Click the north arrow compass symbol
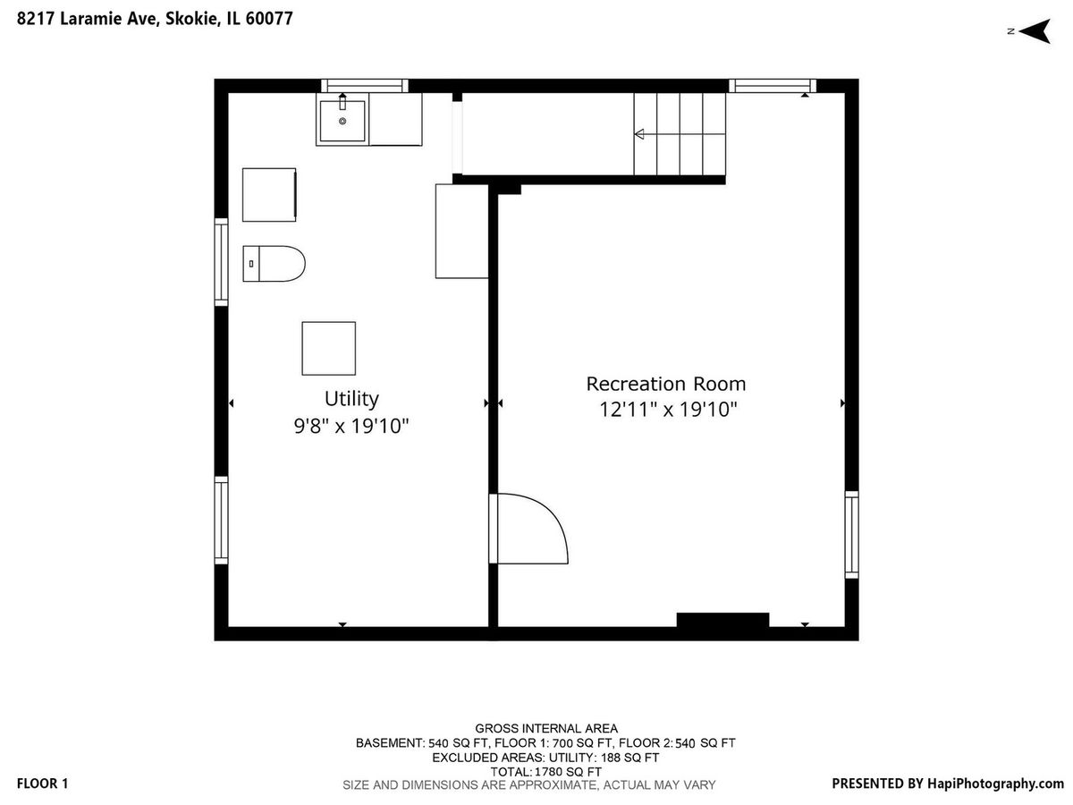[1033, 31]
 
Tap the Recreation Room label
[666, 385]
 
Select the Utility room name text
[351, 399]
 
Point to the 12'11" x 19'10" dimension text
[668, 410]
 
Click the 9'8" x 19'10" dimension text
[351, 427]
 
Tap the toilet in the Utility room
[274, 264]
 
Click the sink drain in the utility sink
[342, 121]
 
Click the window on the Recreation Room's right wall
[851, 535]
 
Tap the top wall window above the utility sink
[365, 86]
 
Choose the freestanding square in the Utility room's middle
[328, 349]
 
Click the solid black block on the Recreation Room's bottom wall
[722, 620]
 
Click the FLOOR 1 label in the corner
[43, 784]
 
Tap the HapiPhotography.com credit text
[995, 784]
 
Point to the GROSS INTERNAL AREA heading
[546, 729]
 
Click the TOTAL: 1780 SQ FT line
[546, 772]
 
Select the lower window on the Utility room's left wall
[222, 520]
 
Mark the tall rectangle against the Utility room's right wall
[462, 231]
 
